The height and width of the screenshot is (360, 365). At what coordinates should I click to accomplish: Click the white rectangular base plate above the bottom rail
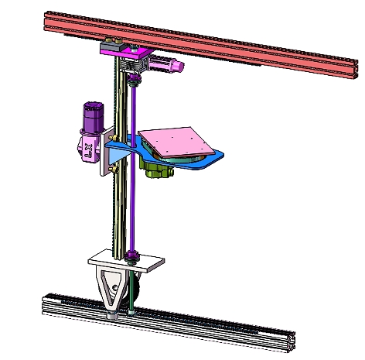pyautogui.click(x=128, y=262)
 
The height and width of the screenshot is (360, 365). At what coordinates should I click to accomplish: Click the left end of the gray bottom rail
pyautogui.click(x=45, y=303)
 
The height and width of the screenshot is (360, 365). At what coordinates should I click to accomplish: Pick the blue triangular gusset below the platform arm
pyautogui.click(x=117, y=154)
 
